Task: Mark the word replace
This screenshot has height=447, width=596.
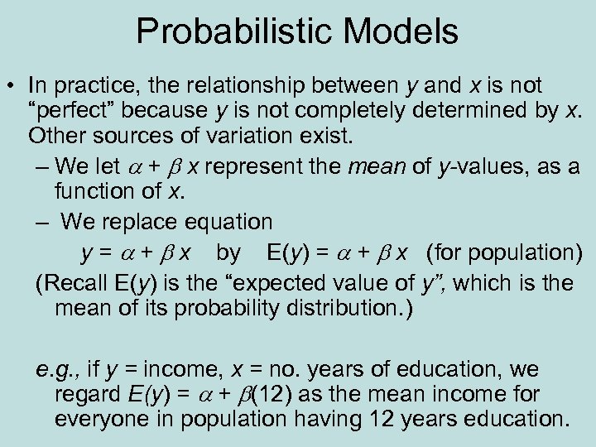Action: [140, 222]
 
